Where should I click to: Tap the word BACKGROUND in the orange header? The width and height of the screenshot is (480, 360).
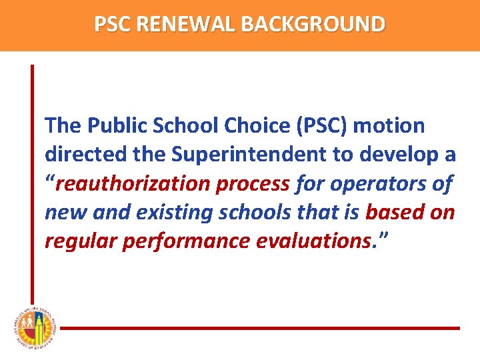313,24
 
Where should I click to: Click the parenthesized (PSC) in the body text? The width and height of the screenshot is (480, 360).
328,125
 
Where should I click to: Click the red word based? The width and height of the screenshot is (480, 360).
396,213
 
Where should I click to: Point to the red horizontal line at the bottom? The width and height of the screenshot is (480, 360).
260,328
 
